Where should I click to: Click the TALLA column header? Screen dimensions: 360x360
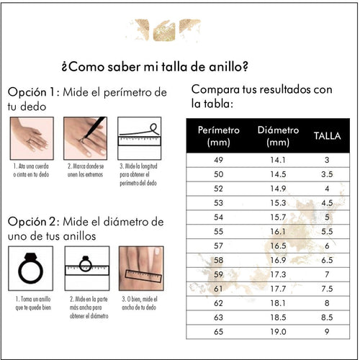[x=327, y=136]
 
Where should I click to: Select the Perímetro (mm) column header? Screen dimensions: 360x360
[x=218, y=136]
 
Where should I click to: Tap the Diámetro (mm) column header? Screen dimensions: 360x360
[x=278, y=136]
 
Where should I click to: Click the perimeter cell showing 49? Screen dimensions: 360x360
[x=218, y=160]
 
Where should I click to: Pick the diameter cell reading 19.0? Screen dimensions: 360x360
[x=278, y=332]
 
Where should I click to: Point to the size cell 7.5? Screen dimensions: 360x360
[x=327, y=289]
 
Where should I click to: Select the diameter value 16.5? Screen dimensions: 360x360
[x=278, y=246]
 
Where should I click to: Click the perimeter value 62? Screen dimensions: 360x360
[x=218, y=303]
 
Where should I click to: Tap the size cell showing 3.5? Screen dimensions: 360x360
[x=327, y=174]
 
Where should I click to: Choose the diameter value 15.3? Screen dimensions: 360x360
[x=278, y=203]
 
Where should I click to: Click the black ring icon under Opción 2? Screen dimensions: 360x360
[x=31, y=269]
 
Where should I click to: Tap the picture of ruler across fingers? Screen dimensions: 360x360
[x=141, y=269]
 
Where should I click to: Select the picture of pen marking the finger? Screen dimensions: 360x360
[x=85, y=138]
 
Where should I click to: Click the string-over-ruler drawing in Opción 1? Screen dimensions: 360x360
[x=140, y=138]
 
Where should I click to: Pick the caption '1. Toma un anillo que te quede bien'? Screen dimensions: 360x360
[x=33, y=303]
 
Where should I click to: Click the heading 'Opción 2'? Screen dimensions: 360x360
[x=32, y=222]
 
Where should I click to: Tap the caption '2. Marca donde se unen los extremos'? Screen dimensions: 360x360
[x=86, y=170]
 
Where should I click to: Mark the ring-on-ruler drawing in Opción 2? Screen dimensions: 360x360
[x=87, y=269]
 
